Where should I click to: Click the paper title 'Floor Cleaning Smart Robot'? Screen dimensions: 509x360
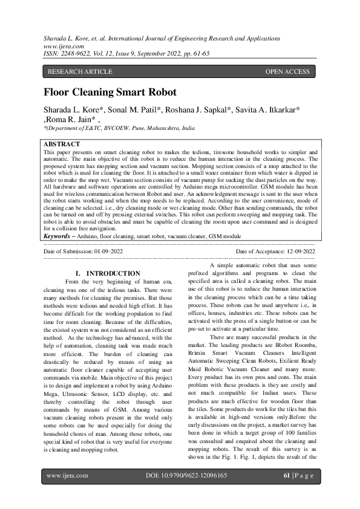[x=110, y=92]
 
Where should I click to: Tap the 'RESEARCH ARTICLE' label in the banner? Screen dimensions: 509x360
[x=80, y=71]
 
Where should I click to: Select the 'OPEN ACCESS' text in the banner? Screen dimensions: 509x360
[x=287, y=71]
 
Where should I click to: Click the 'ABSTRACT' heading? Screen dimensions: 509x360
[x=62, y=144]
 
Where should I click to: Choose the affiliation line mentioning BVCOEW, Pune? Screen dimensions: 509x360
[x=119, y=129]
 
